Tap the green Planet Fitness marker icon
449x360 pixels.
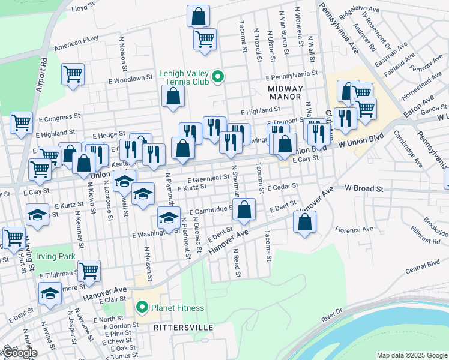(x=142, y=308)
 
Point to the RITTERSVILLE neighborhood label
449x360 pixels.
(x=183, y=328)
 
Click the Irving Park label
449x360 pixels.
(x=55, y=257)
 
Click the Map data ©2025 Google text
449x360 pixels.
(x=411, y=355)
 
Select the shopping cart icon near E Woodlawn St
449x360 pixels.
(x=73, y=74)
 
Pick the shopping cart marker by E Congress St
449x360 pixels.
(x=21, y=122)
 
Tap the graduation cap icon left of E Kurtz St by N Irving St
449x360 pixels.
(x=37, y=214)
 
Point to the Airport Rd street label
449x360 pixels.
(x=42, y=74)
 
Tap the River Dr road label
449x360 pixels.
(x=331, y=314)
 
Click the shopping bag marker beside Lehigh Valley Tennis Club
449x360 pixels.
(x=173, y=96)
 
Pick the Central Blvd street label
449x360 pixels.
(x=424, y=265)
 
